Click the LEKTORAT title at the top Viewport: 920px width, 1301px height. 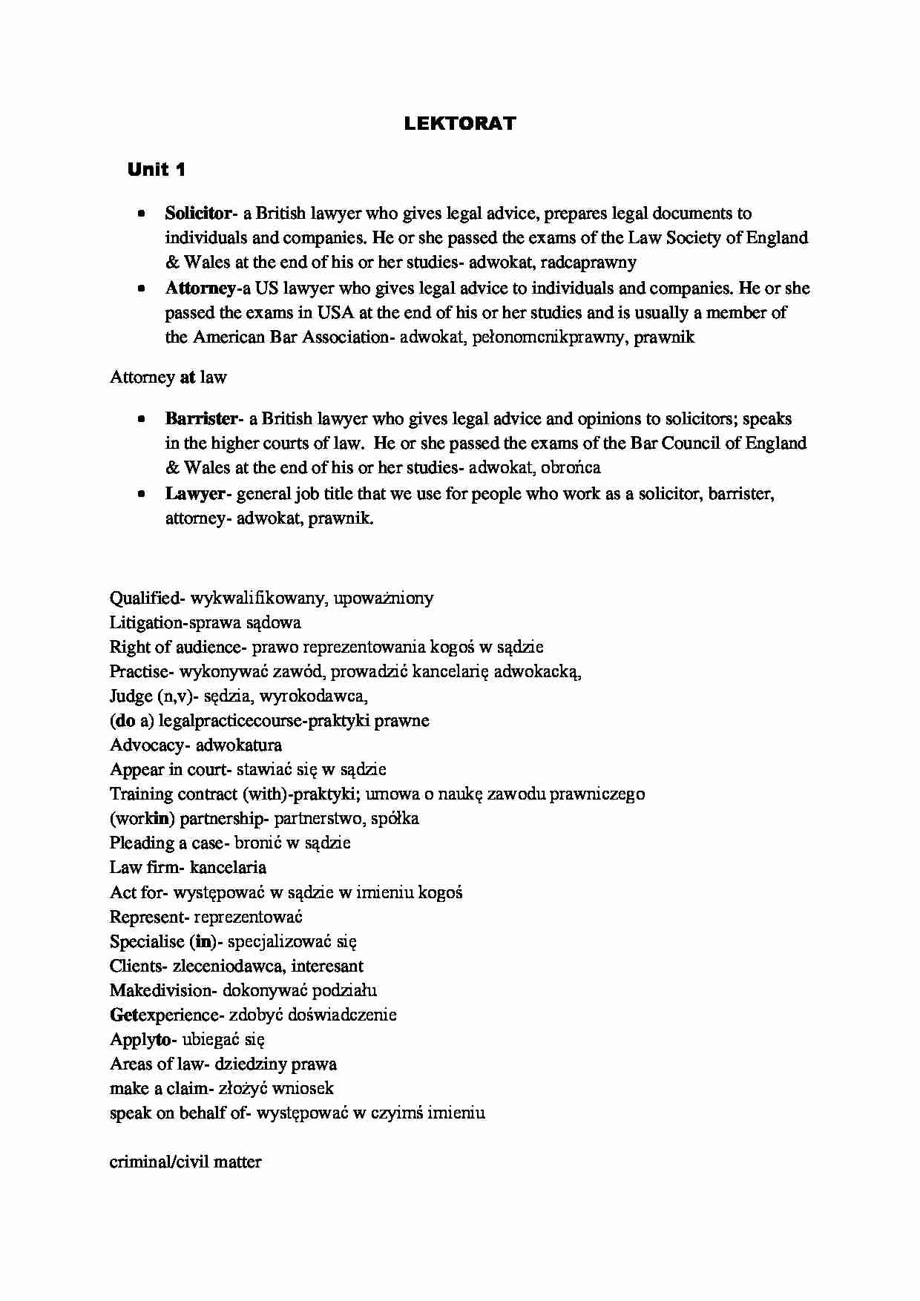(x=459, y=124)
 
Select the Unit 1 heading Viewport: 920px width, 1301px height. (x=156, y=170)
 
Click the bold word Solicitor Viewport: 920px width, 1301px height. (x=198, y=214)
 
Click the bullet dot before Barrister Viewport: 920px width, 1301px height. (x=140, y=419)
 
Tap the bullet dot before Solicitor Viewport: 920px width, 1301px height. (x=140, y=214)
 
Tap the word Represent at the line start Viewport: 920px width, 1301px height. (x=147, y=916)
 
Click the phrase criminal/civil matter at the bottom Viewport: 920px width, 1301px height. (x=185, y=1162)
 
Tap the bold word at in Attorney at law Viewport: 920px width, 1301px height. (x=187, y=378)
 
